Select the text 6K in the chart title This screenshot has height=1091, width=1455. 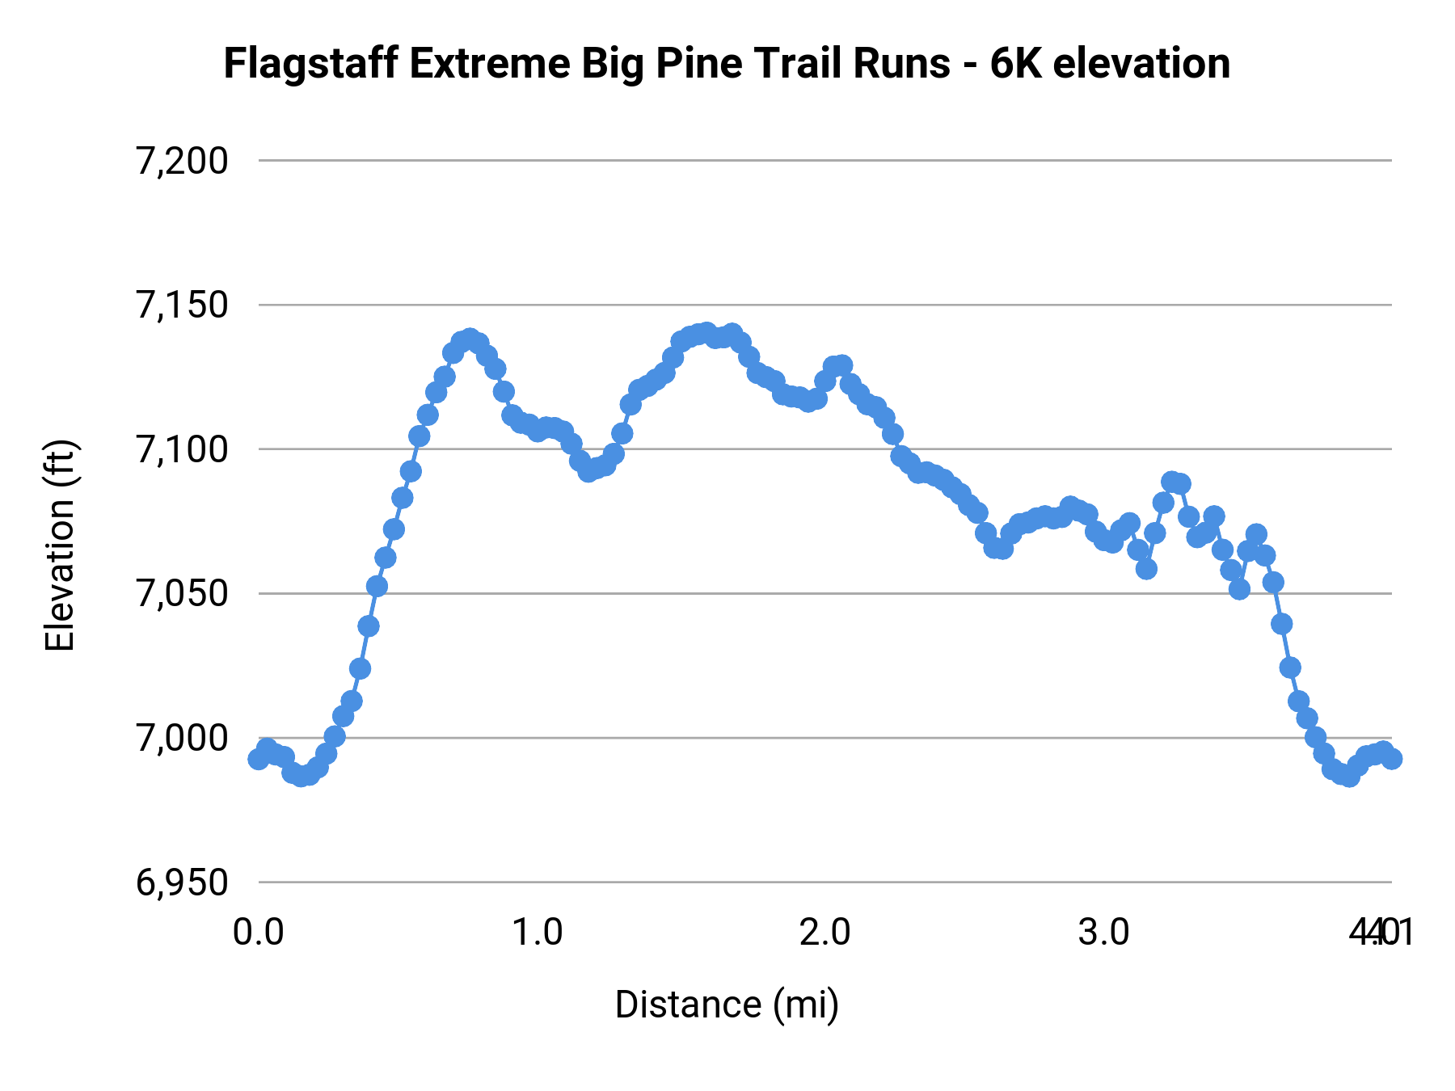click(1016, 65)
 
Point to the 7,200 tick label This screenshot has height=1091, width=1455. click(183, 162)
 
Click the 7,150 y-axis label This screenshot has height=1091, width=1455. click(183, 306)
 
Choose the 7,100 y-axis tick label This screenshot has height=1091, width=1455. click(183, 450)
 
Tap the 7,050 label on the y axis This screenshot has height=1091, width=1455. click(183, 595)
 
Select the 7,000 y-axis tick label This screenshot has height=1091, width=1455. click(183, 739)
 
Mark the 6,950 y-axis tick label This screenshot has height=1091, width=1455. click(183, 883)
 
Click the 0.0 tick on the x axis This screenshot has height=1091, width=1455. click(259, 933)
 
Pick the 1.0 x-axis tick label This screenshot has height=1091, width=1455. click(539, 933)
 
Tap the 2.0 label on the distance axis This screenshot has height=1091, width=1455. click(824, 933)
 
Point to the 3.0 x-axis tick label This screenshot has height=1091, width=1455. click(1104, 933)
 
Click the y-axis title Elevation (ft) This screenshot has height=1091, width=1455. click(61, 545)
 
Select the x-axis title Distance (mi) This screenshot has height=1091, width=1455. click(727, 1005)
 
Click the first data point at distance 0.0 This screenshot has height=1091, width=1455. click(259, 759)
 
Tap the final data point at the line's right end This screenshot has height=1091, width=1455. click(1391, 759)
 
